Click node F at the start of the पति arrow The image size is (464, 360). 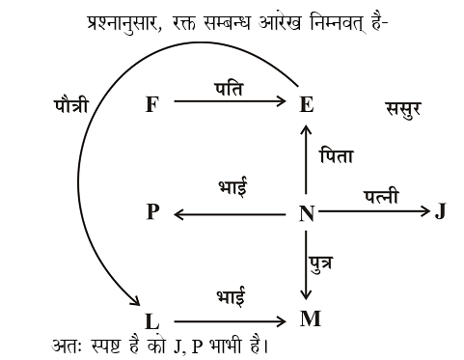click(x=151, y=103)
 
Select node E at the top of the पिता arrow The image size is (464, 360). click(x=307, y=104)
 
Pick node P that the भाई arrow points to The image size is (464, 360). click(x=151, y=212)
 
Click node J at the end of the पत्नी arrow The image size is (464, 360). click(x=440, y=211)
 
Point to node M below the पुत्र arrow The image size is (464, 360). click(x=310, y=318)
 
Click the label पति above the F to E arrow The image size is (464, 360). click(x=229, y=87)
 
